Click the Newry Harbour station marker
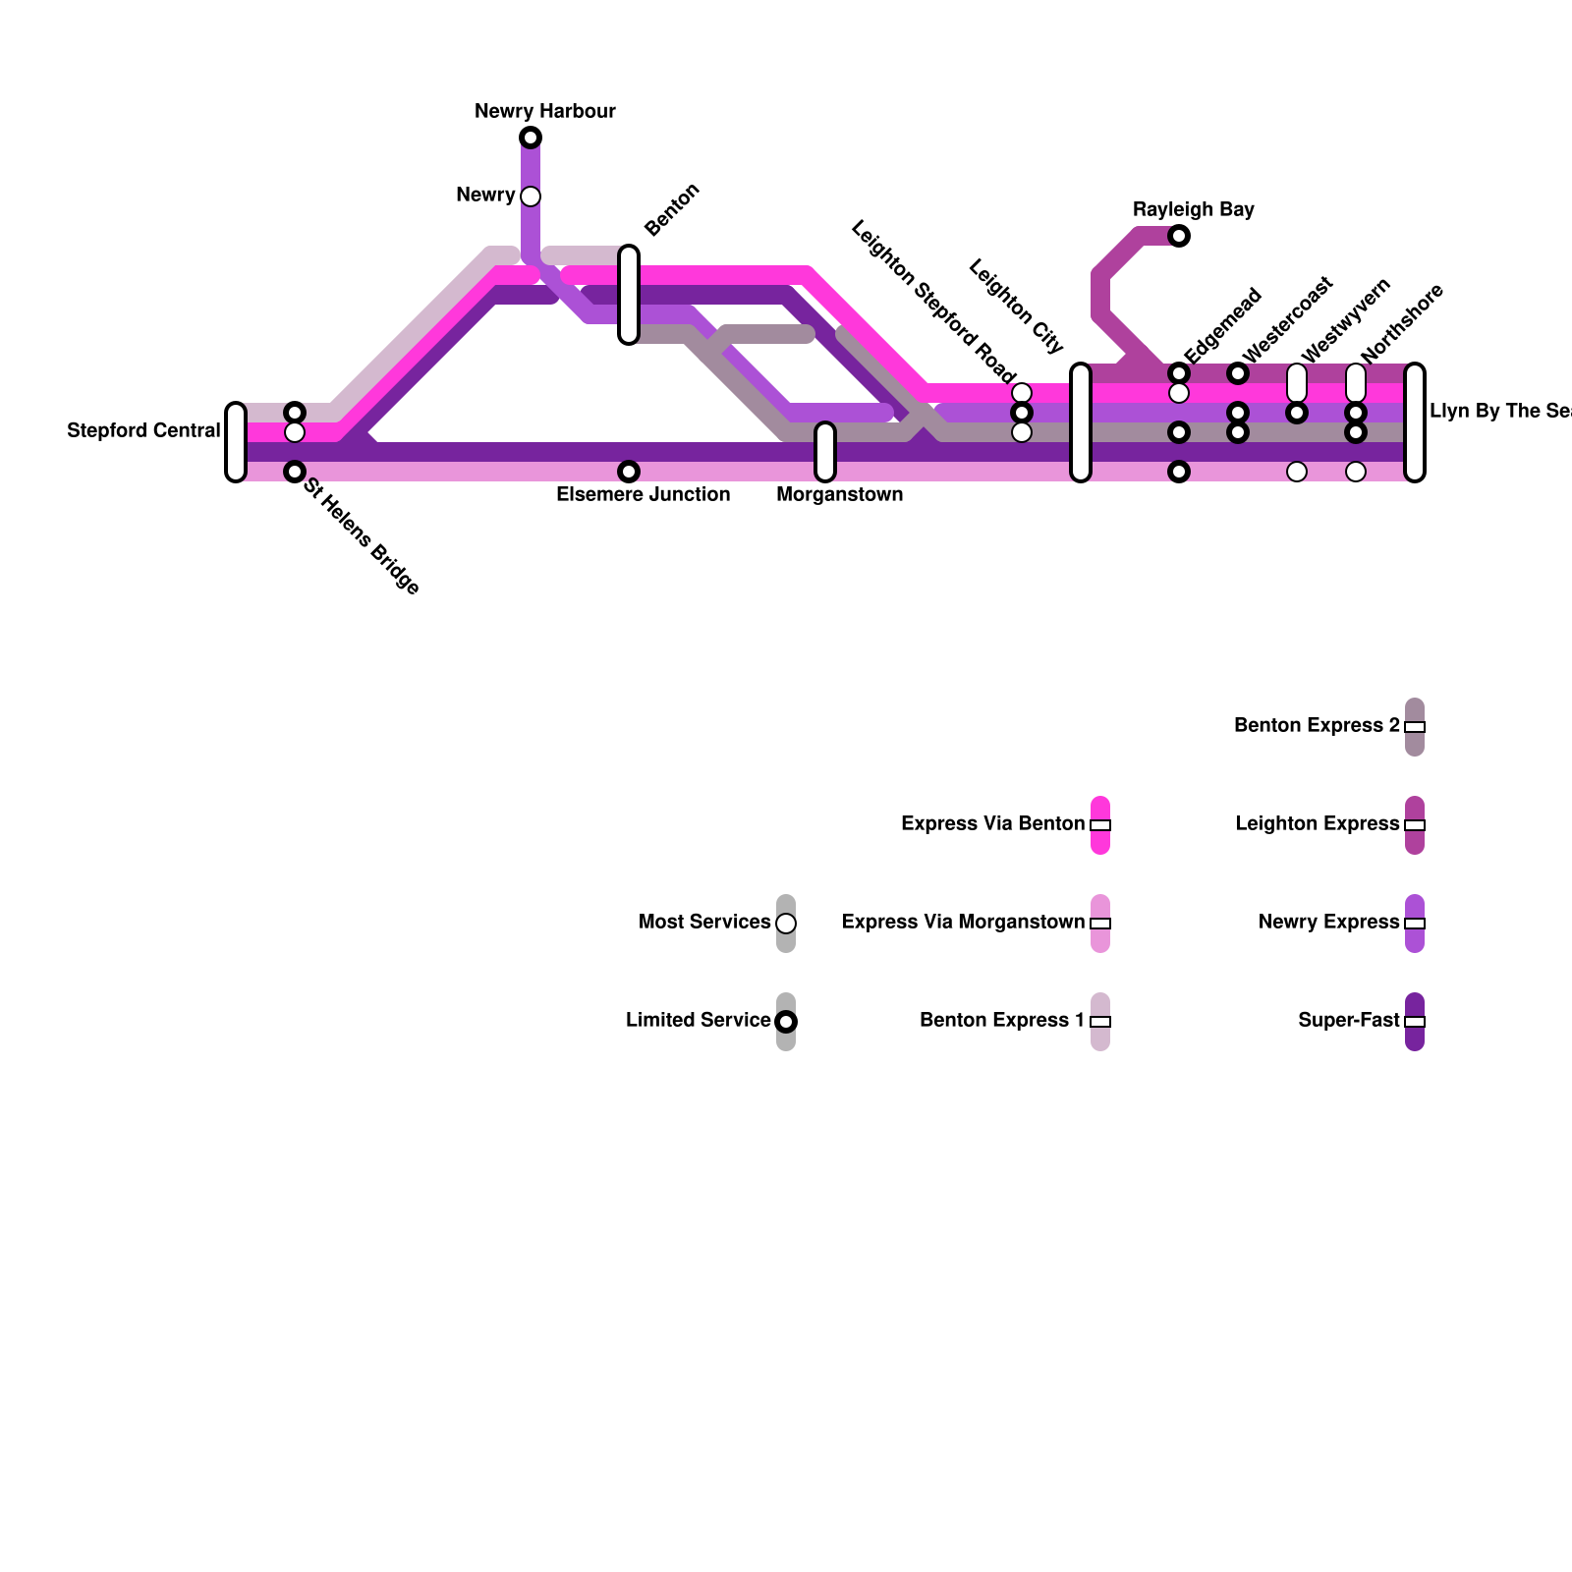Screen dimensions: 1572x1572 point(531,138)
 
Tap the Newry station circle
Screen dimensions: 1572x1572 point(531,196)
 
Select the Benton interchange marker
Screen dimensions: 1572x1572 point(629,295)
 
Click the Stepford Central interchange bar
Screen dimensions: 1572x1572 point(236,442)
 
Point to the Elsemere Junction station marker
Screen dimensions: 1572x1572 point(629,472)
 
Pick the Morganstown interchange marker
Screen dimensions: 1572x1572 point(825,452)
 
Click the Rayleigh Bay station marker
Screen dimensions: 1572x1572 point(1179,236)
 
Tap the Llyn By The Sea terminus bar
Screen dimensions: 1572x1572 point(1415,422)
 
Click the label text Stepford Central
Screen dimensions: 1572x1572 point(143,431)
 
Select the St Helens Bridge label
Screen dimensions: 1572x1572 point(362,536)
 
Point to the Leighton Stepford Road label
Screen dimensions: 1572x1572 point(932,302)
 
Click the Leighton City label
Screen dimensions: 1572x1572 point(1016,306)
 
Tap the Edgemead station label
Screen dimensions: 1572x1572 point(1222,325)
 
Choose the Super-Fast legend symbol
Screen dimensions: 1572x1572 point(1415,1022)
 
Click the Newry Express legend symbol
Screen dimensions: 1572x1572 point(1415,924)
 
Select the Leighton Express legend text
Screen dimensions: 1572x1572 point(1317,824)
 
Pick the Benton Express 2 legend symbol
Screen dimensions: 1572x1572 point(1415,727)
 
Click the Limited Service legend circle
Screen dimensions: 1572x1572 point(786,1022)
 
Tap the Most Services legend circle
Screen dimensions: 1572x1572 point(786,924)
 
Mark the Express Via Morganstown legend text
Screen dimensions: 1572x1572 point(963,923)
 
